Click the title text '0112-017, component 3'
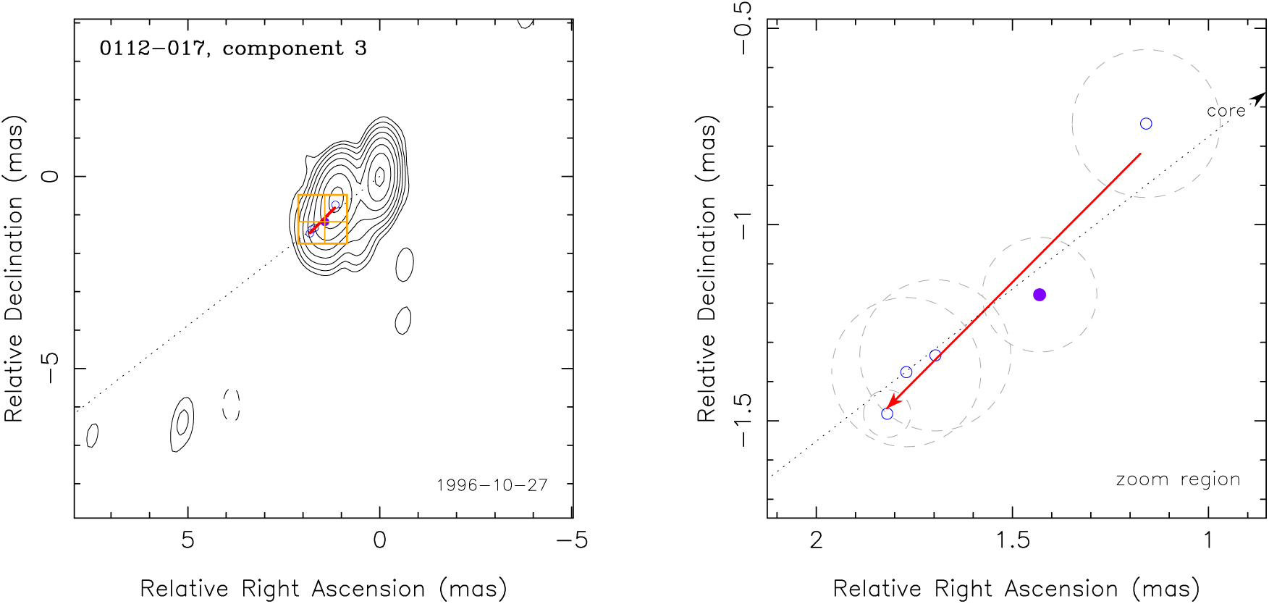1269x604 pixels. (233, 49)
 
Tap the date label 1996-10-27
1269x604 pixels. (492, 485)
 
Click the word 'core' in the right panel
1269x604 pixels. (1226, 111)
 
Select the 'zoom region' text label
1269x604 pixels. (1178, 479)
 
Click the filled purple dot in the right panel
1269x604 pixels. (1040, 295)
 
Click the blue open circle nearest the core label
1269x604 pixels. (1146, 124)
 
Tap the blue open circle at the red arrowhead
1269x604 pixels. (887, 414)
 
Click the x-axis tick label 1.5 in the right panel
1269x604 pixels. (1013, 540)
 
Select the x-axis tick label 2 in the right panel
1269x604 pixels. (817, 540)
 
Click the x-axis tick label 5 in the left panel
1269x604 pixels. (187, 540)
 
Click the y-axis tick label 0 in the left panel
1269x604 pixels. (51, 176)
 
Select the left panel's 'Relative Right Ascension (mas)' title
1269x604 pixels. (324, 589)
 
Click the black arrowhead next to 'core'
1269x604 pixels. (1259, 98)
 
